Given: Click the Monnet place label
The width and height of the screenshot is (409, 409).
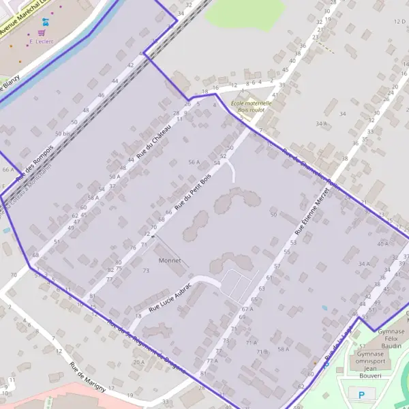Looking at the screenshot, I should pyautogui.click(x=169, y=260).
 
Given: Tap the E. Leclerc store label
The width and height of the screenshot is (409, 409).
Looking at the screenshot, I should pyautogui.click(x=42, y=41).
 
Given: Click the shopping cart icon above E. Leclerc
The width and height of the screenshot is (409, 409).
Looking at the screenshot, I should pyautogui.click(x=42, y=31).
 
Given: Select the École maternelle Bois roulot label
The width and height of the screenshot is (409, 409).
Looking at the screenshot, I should pyautogui.click(x=251, y=106).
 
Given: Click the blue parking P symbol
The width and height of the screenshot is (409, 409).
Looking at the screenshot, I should pyautogui.click(x=361, y=393).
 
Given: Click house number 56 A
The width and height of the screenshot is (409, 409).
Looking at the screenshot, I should pyautogui.click(x=194, y=162).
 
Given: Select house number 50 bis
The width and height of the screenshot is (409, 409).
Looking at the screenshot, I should pyautogui.click(x=63, y=134).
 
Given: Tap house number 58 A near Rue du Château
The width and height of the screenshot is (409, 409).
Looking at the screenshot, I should pyautogui.click(x=93, y=198).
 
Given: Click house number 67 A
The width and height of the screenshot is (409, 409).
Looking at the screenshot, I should pyautogui.click(x=247, y=309).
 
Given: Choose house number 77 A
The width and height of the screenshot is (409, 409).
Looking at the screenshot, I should pyautogui.click(x=212, y=361).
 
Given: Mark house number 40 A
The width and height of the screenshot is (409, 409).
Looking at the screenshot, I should pyautogui.click(x=382, y=243).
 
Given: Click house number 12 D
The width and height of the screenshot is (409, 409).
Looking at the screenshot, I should pyautogui.click(x=399, y=22).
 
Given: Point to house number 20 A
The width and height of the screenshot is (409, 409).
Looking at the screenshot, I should pyautogui.click(x=138, y=362).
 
